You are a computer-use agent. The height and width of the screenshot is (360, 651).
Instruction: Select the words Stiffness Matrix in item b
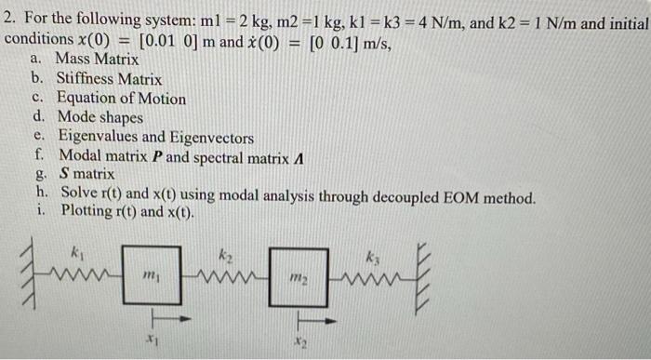pos(109,80)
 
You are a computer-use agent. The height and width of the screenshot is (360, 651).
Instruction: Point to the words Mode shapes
pos(100,118)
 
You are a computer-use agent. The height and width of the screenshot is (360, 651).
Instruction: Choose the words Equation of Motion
pos(121,99)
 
